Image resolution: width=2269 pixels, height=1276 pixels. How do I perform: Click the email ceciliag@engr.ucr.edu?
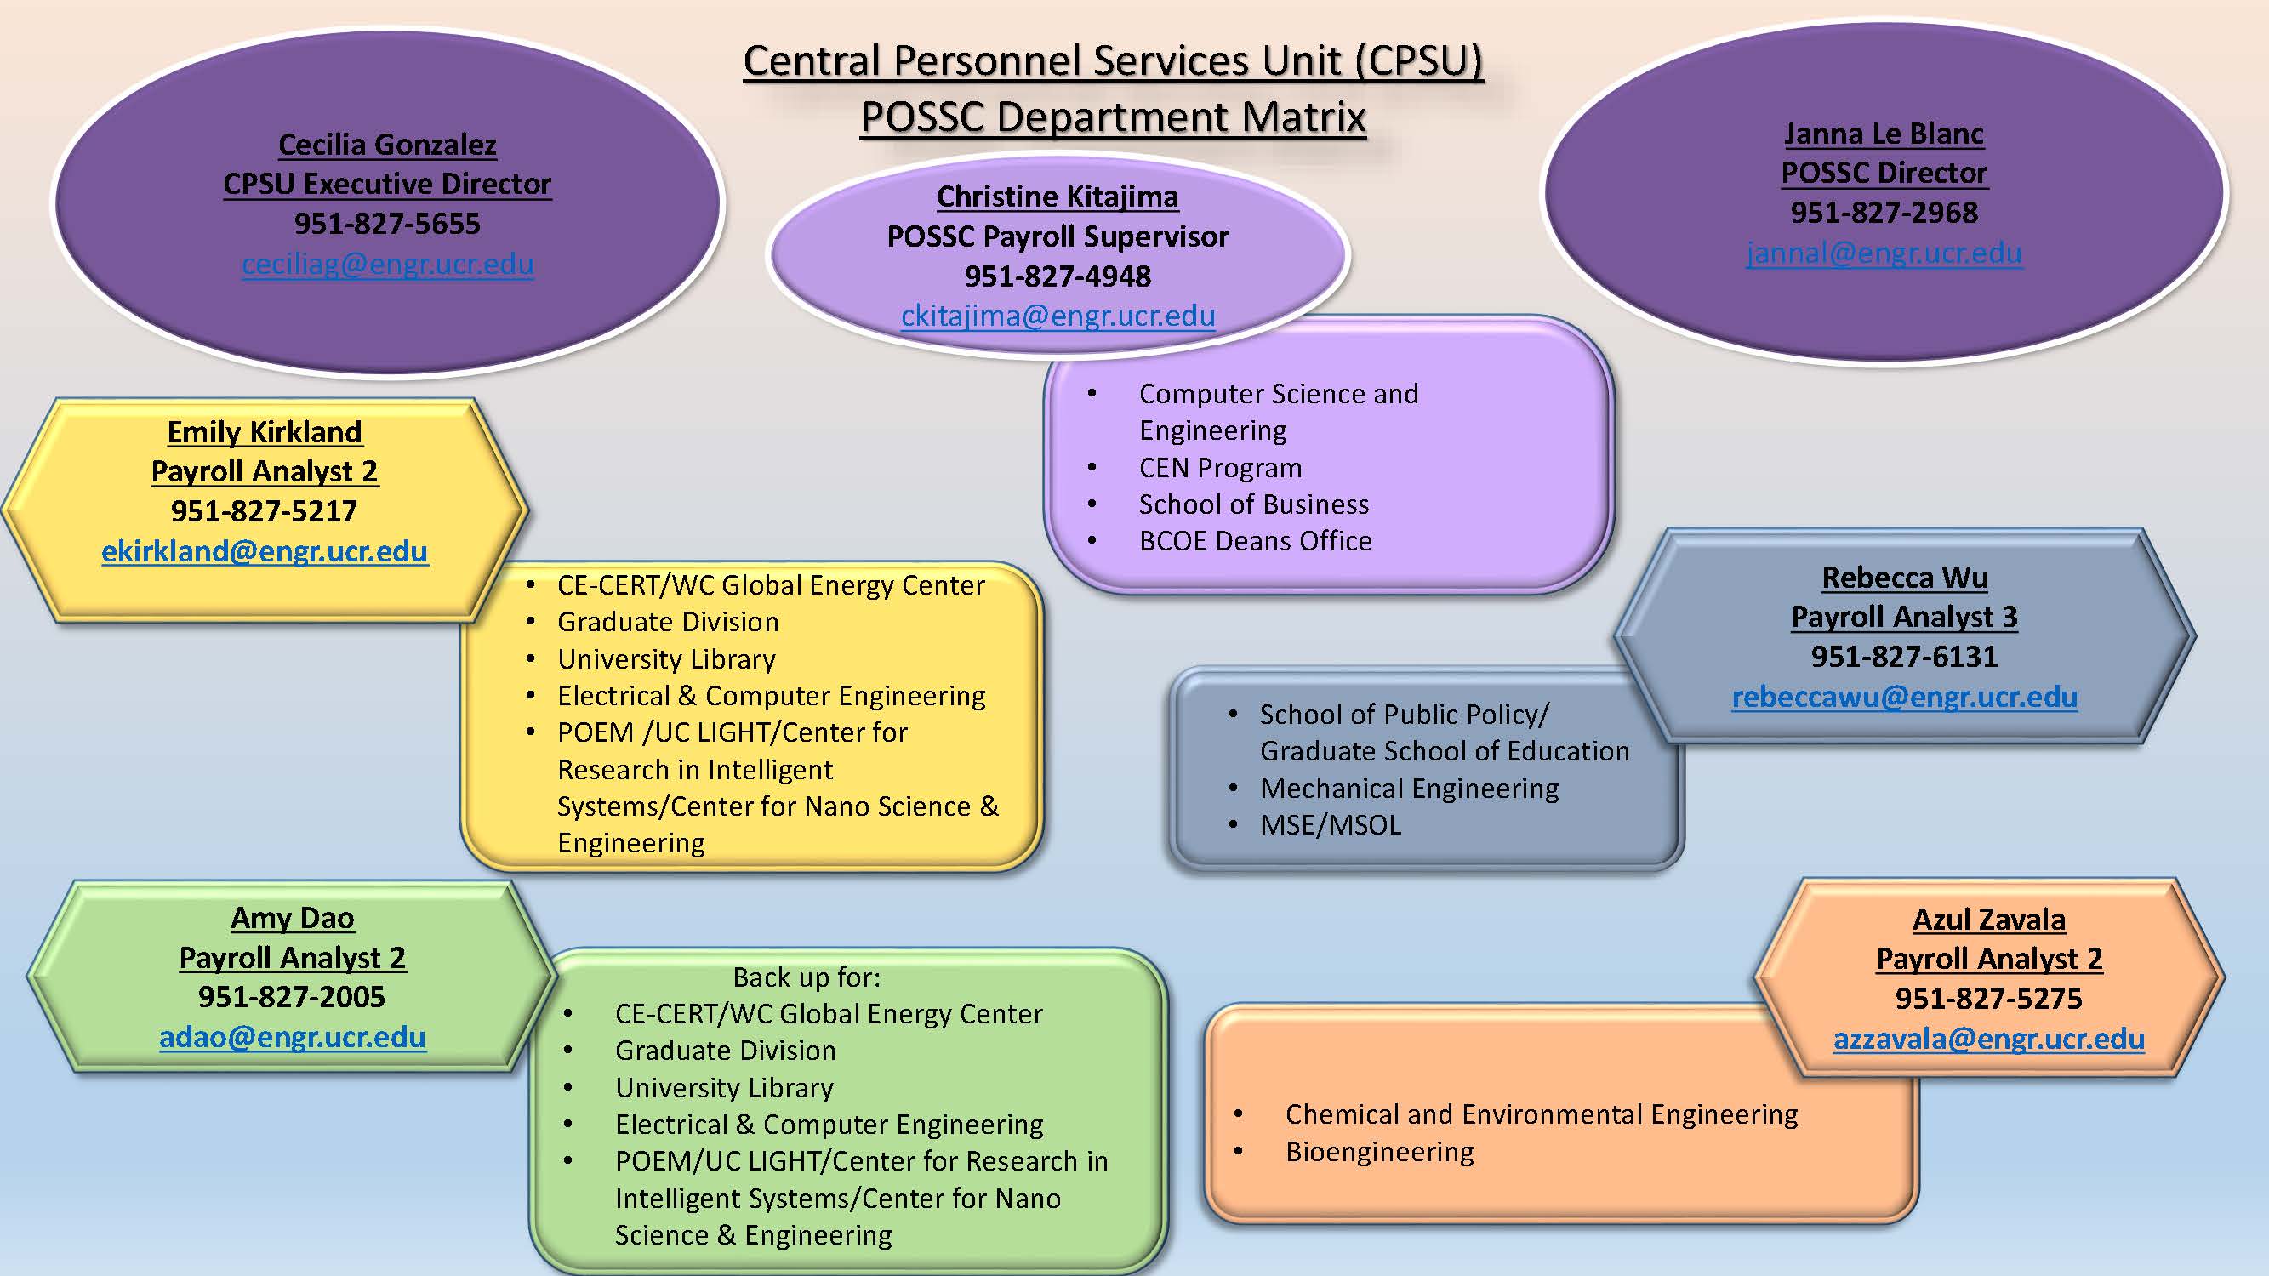click(388, 264)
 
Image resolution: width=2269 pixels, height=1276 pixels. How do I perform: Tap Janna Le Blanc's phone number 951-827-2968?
click(1884, 212)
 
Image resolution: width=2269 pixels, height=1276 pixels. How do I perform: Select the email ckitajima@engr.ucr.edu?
click(1058, 316)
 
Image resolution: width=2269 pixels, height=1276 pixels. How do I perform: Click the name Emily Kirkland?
click(265, 431)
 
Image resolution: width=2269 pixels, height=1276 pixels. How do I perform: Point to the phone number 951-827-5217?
click(265, 510)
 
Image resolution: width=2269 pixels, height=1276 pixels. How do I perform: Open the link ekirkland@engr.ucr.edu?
click(265, 551)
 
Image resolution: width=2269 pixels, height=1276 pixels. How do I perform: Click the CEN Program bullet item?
click(1220, 468)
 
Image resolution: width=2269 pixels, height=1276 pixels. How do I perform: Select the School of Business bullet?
click(1253, 504)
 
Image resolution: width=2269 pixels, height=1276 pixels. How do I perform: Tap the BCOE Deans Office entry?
click(1255, 541)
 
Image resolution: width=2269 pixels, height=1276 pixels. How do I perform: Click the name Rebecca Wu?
click(1904, 578)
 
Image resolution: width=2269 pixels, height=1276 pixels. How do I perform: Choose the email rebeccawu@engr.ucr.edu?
click(1904, 697)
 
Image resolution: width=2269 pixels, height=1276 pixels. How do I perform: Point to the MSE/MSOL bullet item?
click(1330, 825)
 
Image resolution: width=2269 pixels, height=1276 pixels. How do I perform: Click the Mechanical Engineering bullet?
click(1410, 789)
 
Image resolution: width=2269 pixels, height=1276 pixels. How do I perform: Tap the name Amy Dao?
click(293, 918)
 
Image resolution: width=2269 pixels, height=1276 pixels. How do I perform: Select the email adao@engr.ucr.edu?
click(293, 1036)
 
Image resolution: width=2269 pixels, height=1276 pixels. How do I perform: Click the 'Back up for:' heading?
click(807, 977)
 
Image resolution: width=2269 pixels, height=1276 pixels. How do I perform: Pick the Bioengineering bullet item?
click(1379, 1152)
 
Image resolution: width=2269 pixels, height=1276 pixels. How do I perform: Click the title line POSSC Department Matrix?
click(1114, 117)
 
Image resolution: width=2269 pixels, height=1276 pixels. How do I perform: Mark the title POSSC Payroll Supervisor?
click(1058, 236)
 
